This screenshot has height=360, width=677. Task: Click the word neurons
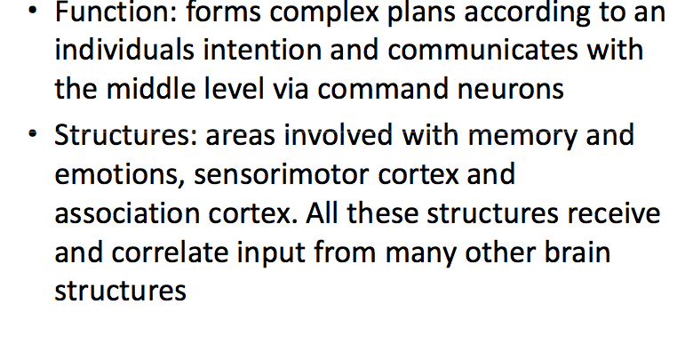coord(517,88)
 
